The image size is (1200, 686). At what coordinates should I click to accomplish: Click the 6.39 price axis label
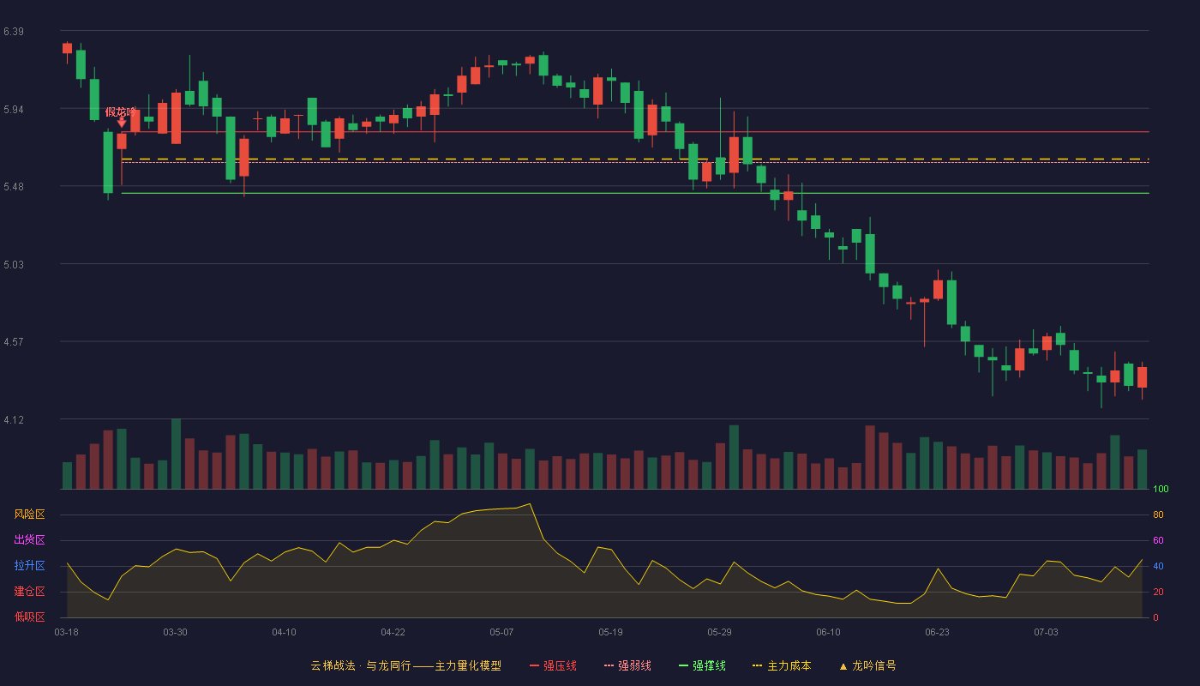point(14,32)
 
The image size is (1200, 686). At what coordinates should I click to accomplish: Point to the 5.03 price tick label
point(14,265)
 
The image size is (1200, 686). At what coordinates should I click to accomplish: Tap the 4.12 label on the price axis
point(14,420)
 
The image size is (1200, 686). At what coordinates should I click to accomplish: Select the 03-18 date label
point(67,633)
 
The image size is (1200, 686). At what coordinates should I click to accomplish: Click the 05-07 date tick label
point(501,633)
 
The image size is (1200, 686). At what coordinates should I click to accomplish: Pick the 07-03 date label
point(1046,633)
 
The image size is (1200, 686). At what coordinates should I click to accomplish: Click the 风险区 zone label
point(29,514)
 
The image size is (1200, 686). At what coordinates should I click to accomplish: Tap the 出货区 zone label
point(29,539)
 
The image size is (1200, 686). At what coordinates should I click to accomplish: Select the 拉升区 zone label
point(29,565)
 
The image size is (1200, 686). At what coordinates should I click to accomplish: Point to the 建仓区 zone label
point(29,591)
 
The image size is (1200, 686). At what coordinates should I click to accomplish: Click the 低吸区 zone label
point(29,617)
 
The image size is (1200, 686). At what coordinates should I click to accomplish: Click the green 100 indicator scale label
point(1161,489)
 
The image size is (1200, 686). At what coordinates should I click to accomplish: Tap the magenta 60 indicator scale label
point(1158,540)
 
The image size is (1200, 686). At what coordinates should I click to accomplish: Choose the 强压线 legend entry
point(553,665)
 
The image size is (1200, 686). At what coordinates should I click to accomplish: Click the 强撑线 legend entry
point(702,665)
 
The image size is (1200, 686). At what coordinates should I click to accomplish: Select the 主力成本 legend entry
point(782,665)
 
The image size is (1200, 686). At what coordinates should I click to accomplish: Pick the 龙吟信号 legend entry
point(867,665)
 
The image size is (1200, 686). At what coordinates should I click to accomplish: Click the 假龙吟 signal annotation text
point(121,112)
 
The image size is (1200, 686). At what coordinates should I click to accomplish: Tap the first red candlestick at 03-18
point(67,49)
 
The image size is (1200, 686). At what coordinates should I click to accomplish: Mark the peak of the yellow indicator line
point(530,504)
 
